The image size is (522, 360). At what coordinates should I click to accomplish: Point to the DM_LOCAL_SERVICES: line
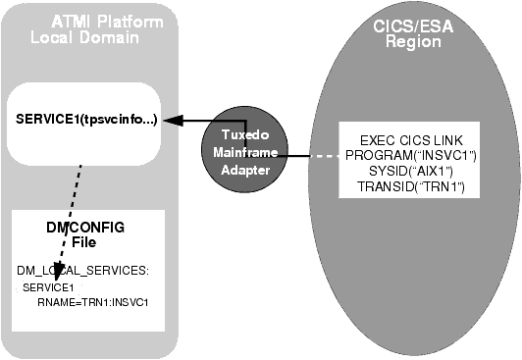pos(81,268)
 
